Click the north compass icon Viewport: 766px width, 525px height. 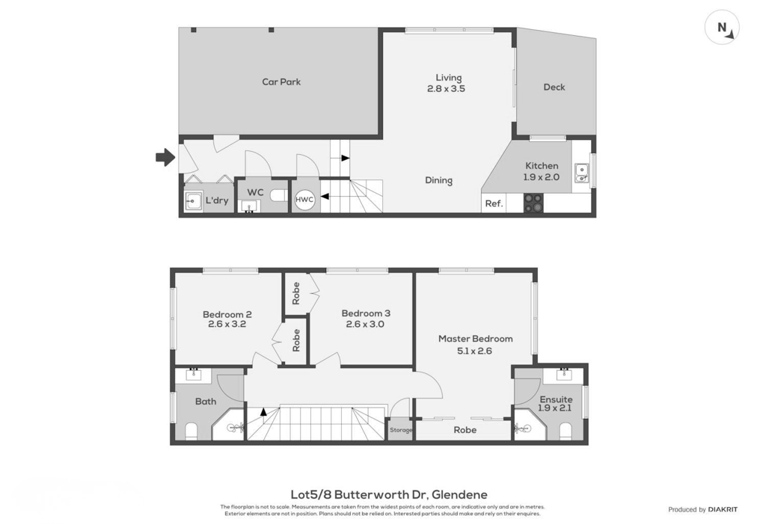(x=722, y=28)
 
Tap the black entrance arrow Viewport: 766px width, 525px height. (x=165, y=157)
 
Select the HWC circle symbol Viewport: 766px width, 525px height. (x=304, y=200)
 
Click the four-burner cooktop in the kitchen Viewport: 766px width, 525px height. (x=533, y=203)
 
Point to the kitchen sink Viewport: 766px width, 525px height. (x=581, y=173)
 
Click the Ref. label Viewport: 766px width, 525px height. (x=494, y=203)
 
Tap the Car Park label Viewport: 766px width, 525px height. (x=281, y=82)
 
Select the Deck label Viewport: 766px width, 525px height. (x=554, y=87)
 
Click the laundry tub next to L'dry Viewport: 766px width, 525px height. (x=193, y=200)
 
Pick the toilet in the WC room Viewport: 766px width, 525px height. (x=279, y=195)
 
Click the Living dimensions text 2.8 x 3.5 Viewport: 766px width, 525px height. (x=446, y=89)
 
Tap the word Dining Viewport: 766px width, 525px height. (x=438, y=180)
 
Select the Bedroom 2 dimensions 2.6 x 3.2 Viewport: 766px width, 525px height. (x=227, y=324)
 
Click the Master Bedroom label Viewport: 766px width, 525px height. (x=475, y=339)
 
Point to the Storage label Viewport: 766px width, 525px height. (x=401, y=430)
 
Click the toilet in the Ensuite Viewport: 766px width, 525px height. (x=566, y=431)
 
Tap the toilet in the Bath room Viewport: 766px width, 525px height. (x=191, y=431)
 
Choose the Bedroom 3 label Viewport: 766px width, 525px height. (x=366, y=313)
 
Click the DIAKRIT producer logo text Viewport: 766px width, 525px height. (x=723, y=509)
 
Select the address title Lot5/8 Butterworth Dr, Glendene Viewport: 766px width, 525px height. (x=389, y=495)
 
